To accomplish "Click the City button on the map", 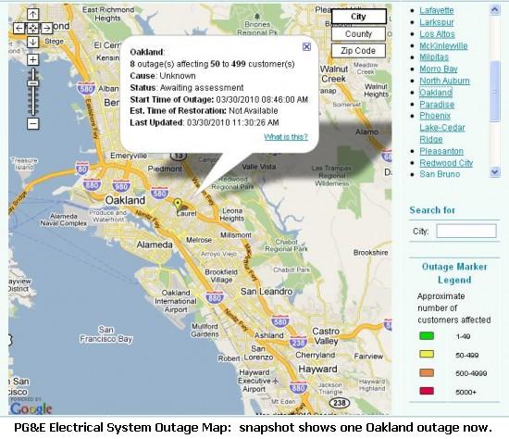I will [x=358, y=17].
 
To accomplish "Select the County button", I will [x=358, y=33].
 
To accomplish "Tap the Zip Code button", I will [x=358, y=51].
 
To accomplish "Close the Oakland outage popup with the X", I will [x=306, y=46].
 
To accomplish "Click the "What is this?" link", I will [x=286, y=136].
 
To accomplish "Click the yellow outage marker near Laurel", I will [x=179, y=202].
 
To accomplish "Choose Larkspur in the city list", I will [x=440, y=20].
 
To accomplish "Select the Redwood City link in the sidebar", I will [x=446, y=163].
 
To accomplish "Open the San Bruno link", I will [x=440, y=174].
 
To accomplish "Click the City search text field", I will [x=466, y=231].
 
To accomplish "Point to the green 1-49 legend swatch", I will [x=427, y=336].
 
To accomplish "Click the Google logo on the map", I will [x=31, y=407].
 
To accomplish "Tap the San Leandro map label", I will [x=261, y=291].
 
